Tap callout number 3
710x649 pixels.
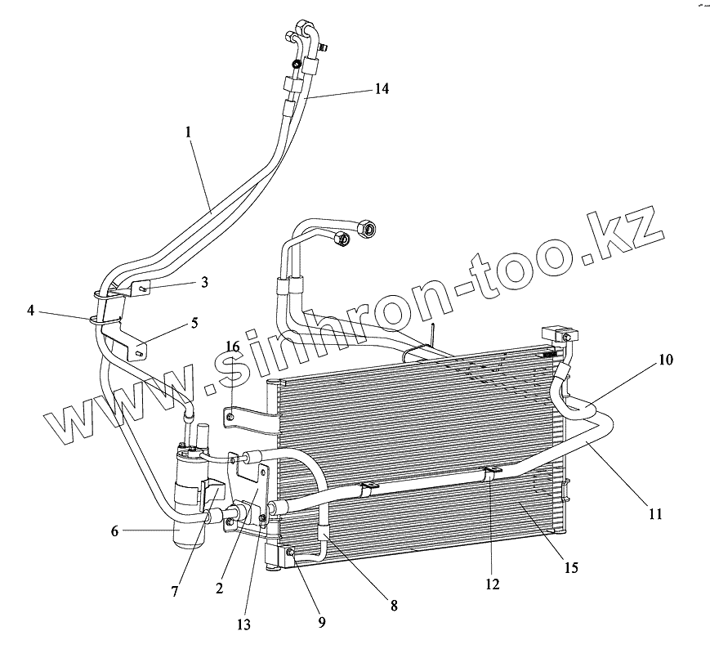(205, 282)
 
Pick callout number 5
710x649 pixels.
(194, 322)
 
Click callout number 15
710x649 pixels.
(571, 567)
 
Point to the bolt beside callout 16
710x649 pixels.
(230, 419)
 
